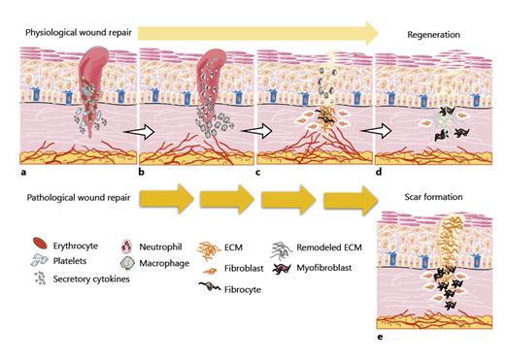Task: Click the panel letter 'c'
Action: tap(259, 172)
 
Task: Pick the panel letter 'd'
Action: tap(377, 172)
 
